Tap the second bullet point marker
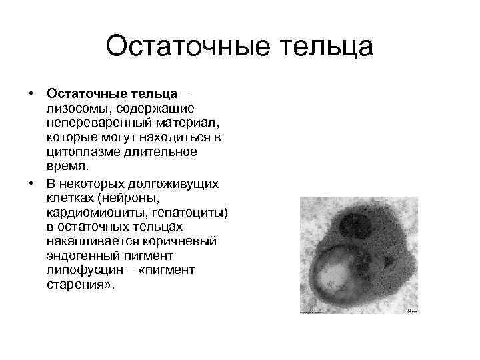[31, 182]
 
